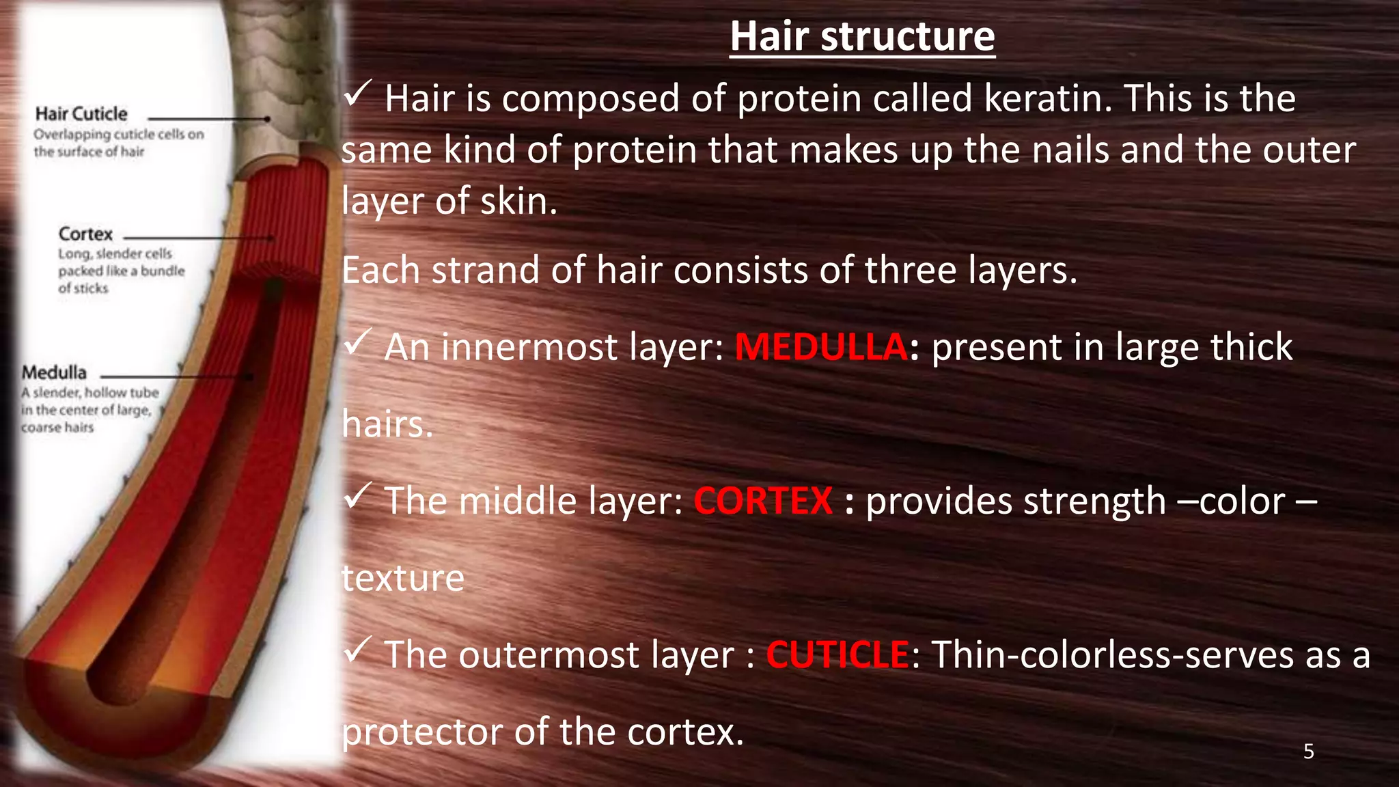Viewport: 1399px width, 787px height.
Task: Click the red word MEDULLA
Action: point(821,347)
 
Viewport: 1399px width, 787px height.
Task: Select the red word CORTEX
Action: point(763,501)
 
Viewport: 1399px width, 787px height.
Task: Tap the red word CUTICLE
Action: point(837,654)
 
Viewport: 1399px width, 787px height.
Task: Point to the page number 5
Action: point(1309,751)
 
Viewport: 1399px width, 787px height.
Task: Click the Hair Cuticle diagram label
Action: point(81,114)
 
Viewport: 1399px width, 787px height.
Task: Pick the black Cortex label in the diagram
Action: point(85,234)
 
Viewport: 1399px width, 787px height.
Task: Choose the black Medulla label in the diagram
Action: point(55,373)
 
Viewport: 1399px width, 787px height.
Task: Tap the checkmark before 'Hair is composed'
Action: point(357,93)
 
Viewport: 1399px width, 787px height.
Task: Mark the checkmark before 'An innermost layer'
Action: point(357,342)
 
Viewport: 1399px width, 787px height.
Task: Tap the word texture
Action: point(403,578)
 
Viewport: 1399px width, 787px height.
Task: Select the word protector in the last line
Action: point(422,732)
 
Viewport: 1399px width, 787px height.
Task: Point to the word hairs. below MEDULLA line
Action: point(387,424)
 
